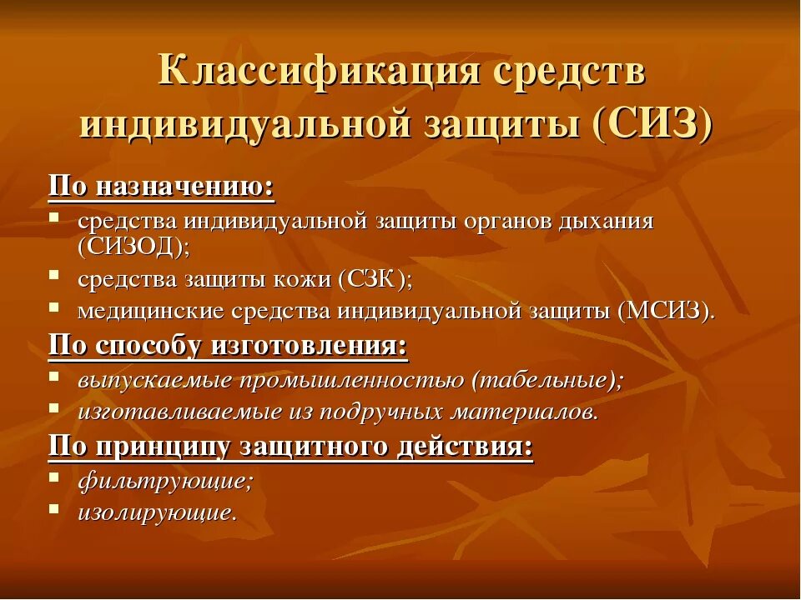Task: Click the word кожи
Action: point(305,279)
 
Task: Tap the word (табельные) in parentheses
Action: point(547,379)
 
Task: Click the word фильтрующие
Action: point(164,481)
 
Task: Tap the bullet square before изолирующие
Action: point(53,508)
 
